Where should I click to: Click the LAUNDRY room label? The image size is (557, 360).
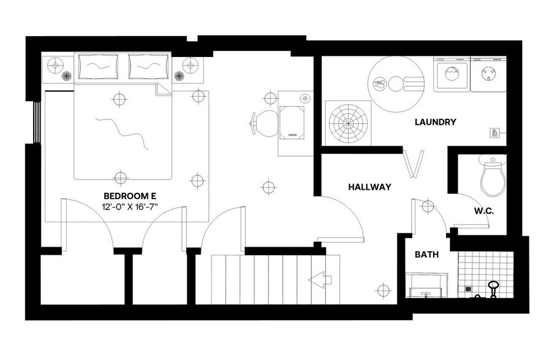(435, 122)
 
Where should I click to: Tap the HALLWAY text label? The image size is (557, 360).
(369, 187)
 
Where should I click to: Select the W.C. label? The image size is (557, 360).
(483, 211)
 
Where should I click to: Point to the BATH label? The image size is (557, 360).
(426, 254)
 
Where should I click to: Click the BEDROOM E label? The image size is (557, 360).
(130, 196)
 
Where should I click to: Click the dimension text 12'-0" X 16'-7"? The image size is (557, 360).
(130, 208)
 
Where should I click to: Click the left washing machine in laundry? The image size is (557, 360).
(451, 75)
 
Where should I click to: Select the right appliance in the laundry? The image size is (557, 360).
(489, 75)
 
